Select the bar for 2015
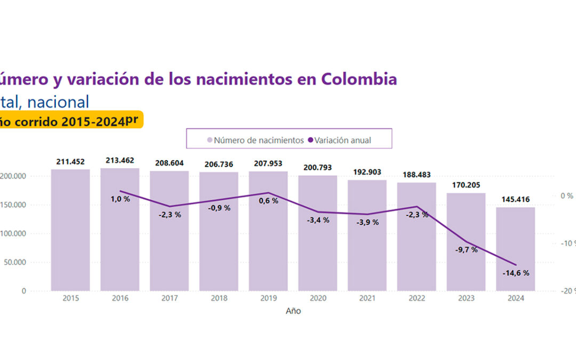70,230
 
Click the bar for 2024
515,249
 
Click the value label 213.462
120,160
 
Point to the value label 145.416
515,199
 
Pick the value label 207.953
268,163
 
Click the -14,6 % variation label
515,273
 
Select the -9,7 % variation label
466,250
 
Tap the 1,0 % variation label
120,199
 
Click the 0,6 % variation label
268,201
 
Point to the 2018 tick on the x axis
219,299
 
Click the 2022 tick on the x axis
417,299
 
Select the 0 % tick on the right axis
567,196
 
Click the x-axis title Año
293,311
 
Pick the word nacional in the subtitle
58,101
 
